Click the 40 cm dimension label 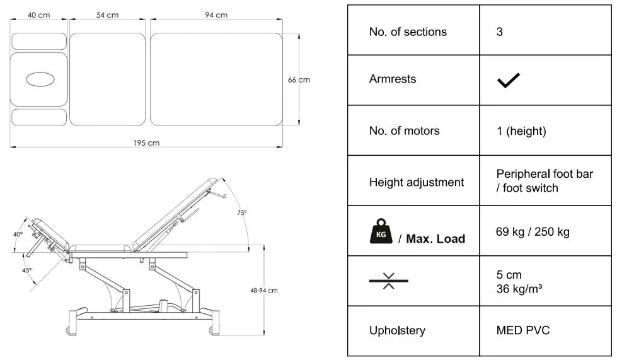[39, 15]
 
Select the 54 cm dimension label [107, 15]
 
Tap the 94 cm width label [216, 15]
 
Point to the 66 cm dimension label [299, 80]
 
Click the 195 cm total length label [146, 143]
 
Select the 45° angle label [26, 270]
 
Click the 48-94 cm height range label [263, 291]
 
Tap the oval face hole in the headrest [39, 79]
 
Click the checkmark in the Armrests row [508, 80]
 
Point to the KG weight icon [380, 231]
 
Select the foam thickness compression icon [388, 281]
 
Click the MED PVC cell [522, 330]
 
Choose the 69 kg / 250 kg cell [533, 231]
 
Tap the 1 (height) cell [521, 131]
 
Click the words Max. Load [435, 238]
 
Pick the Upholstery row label [397, 330]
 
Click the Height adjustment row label [416, 182]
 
